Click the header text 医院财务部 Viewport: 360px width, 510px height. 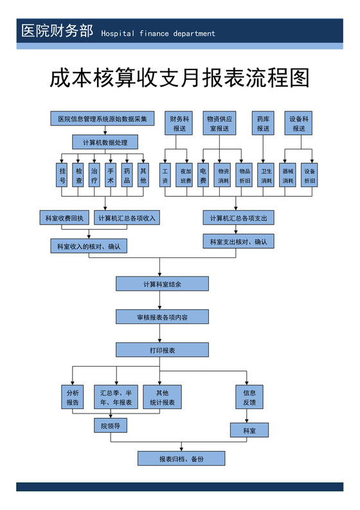[x=57, y=32]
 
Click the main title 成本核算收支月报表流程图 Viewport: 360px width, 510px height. [x=180, y=78]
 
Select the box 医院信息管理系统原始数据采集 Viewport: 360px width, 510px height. [x=102, y=118]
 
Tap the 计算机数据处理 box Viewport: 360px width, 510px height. [x=105, y=141]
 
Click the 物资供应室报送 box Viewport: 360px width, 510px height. [x=220, y=123]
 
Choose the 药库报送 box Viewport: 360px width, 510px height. [x=263, y=123]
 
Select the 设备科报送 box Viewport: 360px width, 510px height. [x=299, y=123]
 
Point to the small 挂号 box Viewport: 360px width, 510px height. [x=62, y=176]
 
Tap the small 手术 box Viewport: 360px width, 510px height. [x=111, y=176]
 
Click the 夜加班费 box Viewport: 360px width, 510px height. [x=186, y=176]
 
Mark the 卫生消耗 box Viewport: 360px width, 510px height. [x=266, y=176]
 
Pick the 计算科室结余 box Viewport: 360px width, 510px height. [x=162, y=284]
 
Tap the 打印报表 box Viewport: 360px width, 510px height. [x=162, y=350]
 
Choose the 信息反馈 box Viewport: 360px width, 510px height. [x=249, y=397]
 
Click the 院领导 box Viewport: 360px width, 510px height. [x=110, y=426]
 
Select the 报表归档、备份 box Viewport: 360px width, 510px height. [x=181, y=459]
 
